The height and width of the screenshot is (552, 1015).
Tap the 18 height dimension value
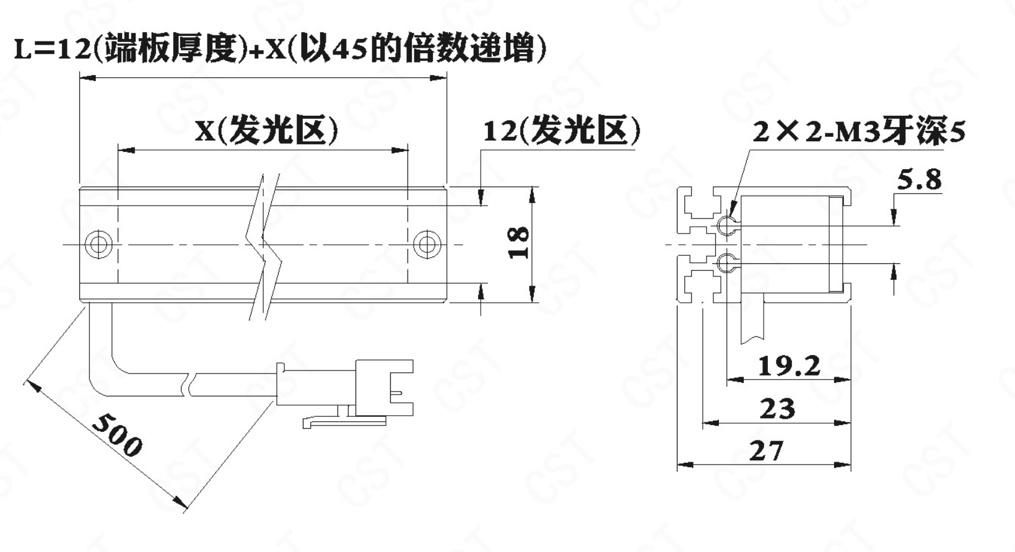(x=518, y=242)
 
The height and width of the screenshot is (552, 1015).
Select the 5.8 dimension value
(x=919, y=180)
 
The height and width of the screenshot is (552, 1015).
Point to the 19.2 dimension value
(x=789, y=366)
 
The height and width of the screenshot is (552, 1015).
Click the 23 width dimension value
(x=777, y=408)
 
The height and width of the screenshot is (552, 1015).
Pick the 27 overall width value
(x=766, y=450)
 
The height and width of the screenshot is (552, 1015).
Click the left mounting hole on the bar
(x=98, y=245)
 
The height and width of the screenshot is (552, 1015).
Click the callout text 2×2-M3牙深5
(x=859, y=131)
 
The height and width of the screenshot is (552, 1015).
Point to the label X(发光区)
(x=266, y=131)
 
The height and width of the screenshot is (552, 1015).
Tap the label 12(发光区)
(x=562, y=131)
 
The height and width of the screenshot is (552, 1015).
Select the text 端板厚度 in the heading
(x=170, y=49)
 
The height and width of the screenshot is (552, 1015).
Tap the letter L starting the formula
(x=23, y=50)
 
